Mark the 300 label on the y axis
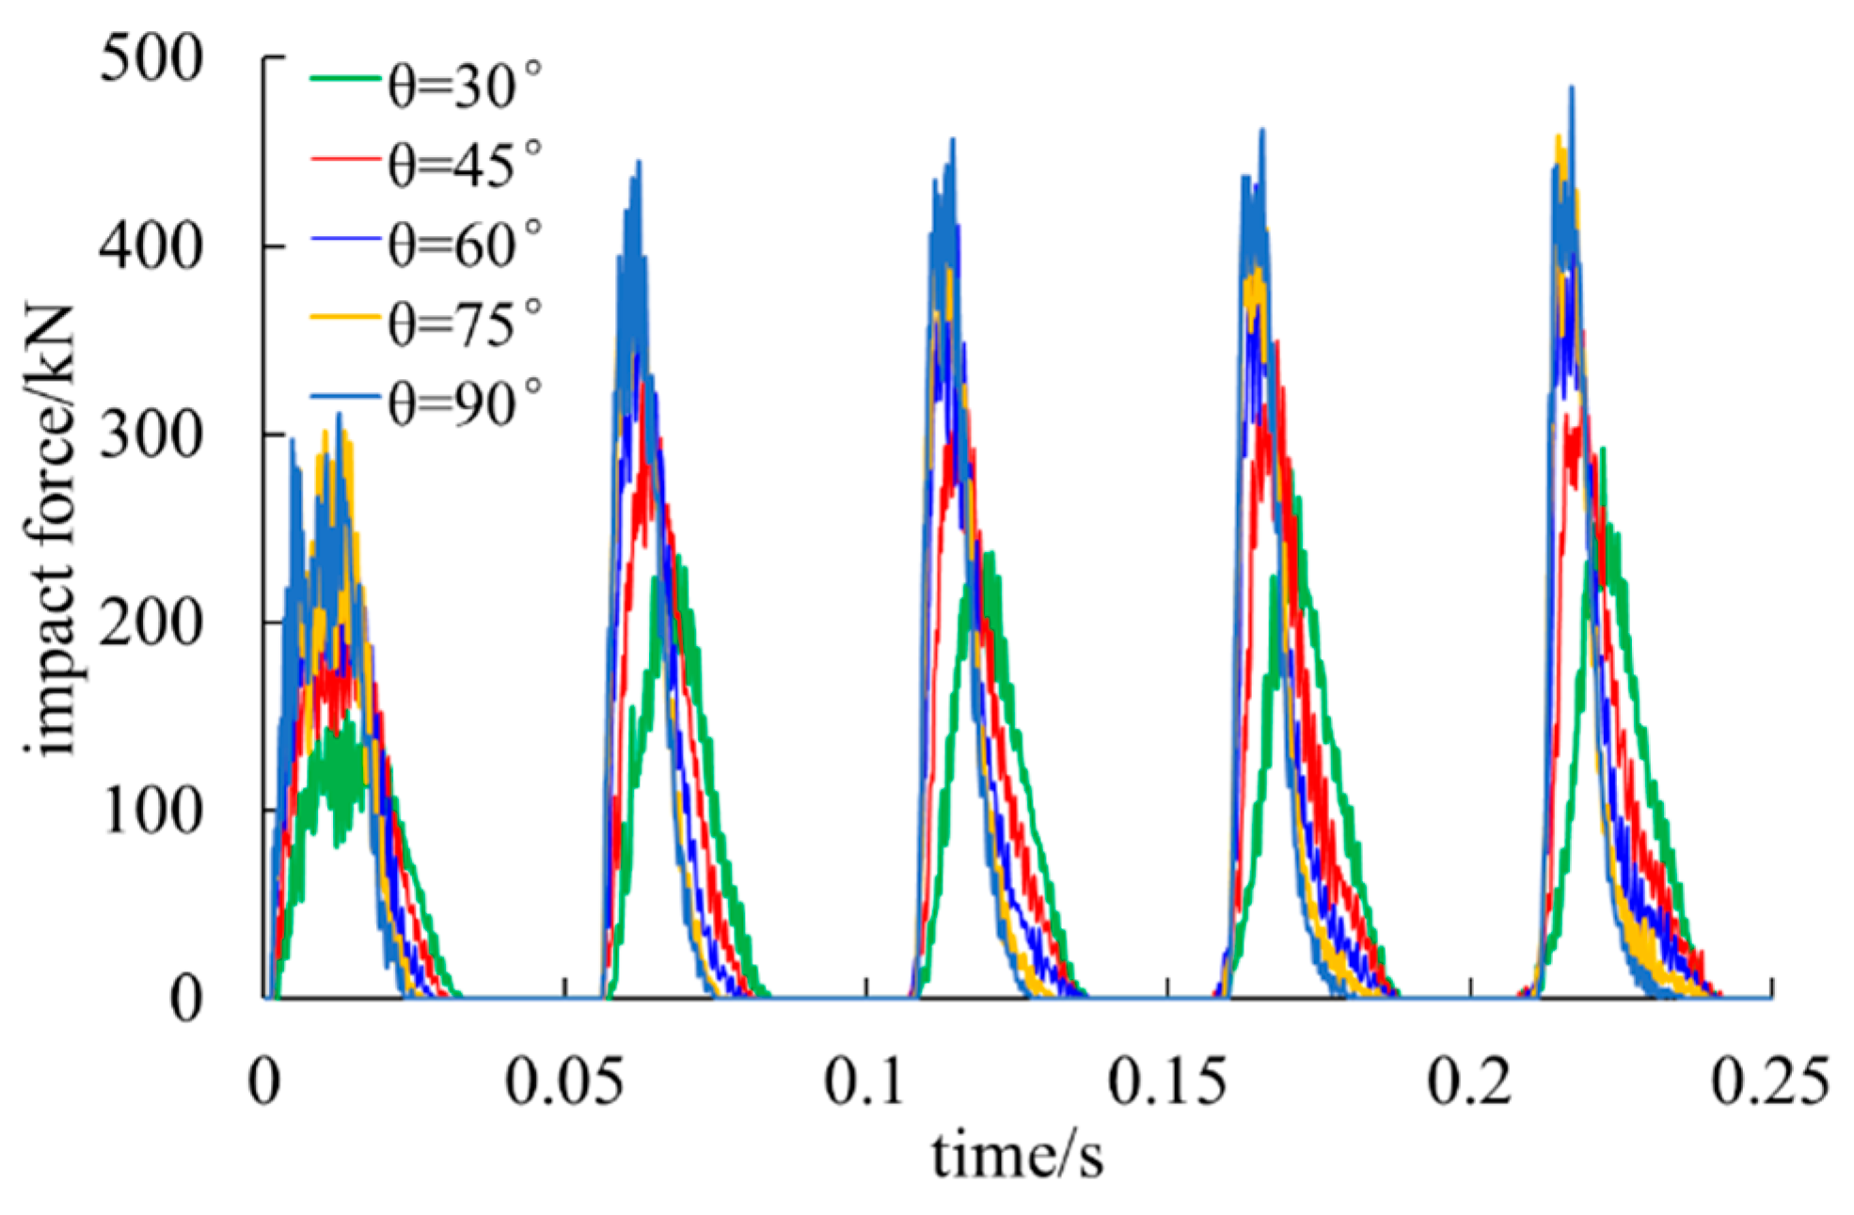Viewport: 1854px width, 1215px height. pyautogui.click(x=151, y=435)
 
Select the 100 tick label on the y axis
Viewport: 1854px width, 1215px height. pyautogui.click(x=151, y=811)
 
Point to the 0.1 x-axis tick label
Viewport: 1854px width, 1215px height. pyautogui.click(x=864, y=1082)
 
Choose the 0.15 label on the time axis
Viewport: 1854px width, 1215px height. pyautogui.click(x=1166, y=1082)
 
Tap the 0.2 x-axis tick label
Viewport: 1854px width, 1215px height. pyautogui.click(x=1469, y=1082)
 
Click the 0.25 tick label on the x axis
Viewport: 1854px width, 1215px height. pyautogui.click(x=1769, y=1082)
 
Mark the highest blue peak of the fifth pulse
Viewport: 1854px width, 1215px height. pyautogui.click(x=1571, y=88)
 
